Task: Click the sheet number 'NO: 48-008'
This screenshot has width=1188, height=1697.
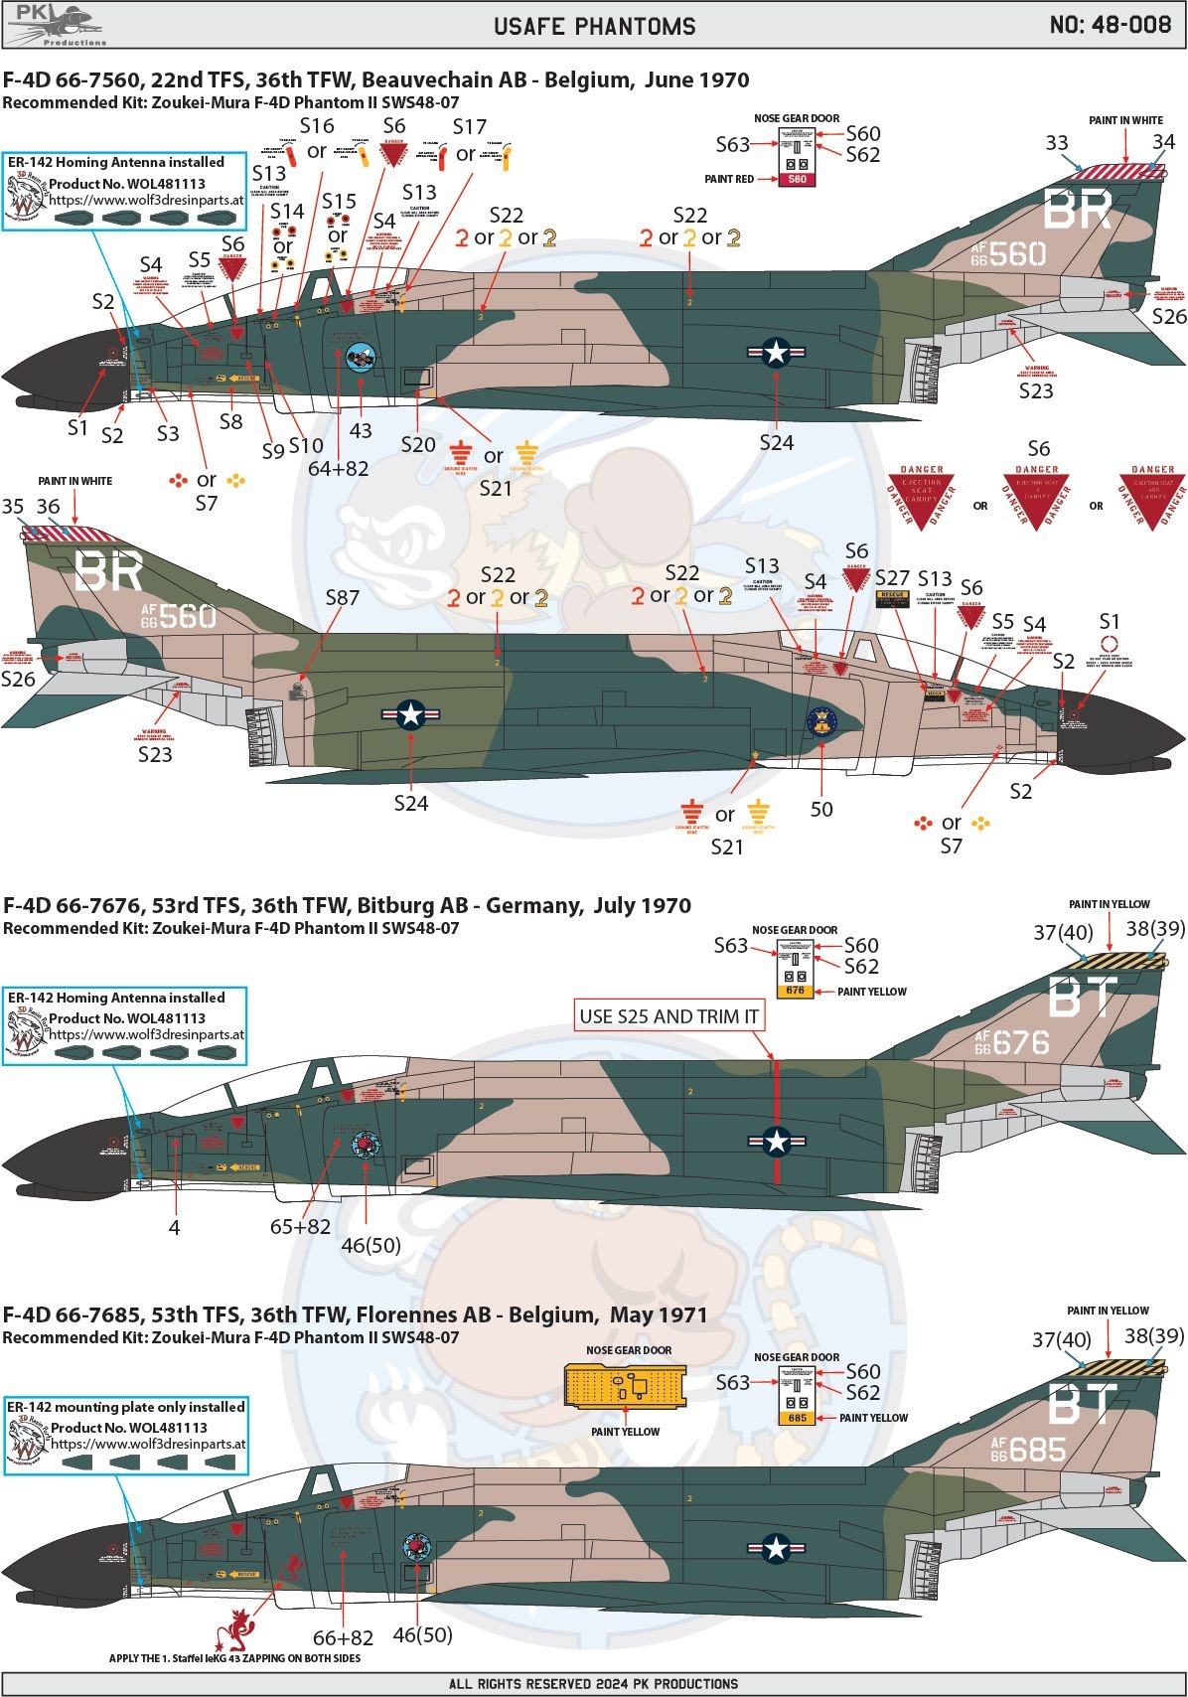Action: point(1110,25)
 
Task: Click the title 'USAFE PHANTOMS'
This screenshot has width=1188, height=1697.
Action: point(594,26)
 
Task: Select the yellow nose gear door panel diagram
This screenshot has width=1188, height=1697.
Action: point(625,1385)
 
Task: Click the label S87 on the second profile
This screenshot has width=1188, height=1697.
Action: point(342,597)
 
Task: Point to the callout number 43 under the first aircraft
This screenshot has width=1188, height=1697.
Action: point(360,430)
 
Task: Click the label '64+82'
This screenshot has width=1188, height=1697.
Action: point(338,468)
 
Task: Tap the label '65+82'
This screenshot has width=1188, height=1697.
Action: point(300,1226)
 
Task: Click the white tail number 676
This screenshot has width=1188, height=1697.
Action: point(1020,1042)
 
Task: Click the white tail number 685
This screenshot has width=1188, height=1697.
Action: point(1036,1450)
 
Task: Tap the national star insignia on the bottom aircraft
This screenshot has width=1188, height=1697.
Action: point(776,1547)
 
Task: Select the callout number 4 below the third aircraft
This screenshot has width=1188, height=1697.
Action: point(174,1227)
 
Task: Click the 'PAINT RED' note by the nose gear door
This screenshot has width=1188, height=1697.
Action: point(729,179)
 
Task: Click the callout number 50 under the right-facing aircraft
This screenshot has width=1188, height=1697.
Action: point(821,809)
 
